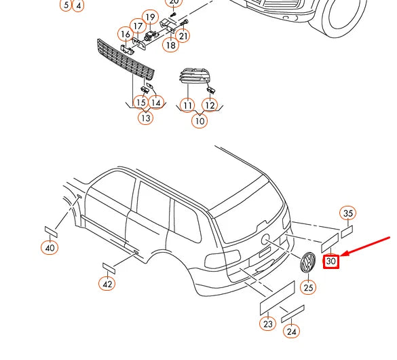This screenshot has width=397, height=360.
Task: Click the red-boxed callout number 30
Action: point(331,262)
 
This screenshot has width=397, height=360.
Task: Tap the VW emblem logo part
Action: point(307,262)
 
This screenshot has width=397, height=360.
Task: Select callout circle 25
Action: point(308,287)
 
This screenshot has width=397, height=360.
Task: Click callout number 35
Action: point(348,213)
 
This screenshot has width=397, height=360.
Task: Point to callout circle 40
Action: point(50,247)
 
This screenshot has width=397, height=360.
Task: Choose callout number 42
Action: point(107,284)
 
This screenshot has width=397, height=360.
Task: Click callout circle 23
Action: point(268,323)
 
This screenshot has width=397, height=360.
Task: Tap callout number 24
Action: point(291,331)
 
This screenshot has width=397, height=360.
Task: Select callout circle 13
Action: point(146,118)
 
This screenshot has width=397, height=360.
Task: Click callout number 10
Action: point(200,121)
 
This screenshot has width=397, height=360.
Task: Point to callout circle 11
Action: point(187,105)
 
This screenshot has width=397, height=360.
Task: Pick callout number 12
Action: point(210,105)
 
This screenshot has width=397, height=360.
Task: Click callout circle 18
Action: point(171,45)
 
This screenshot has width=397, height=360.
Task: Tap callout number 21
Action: point(183,36)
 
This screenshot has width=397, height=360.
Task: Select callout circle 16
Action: point(126,34)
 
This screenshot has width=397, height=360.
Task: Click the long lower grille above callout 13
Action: point(126,60)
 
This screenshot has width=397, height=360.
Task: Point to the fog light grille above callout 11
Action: point(194,75)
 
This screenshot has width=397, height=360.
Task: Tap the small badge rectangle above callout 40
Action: point(51,232)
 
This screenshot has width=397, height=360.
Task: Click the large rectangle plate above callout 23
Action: point(278,298)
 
